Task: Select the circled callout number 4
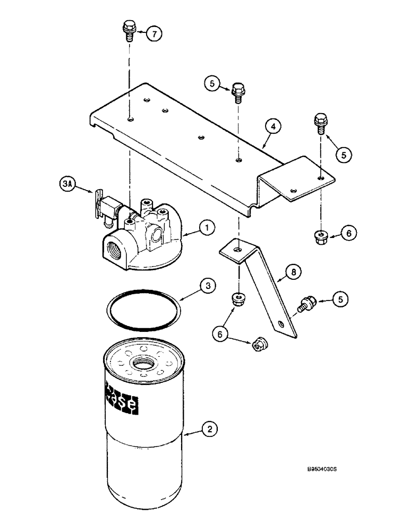tap(271, 127)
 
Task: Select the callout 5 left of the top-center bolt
tap(212, 83)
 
